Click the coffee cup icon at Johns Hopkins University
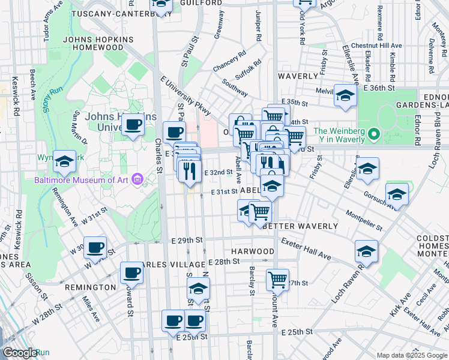(133, 125)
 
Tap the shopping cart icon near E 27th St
(278, 278)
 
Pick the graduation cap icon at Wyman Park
(64, 161)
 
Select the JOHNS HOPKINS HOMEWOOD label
(98, 44)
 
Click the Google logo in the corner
(20, 353)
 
